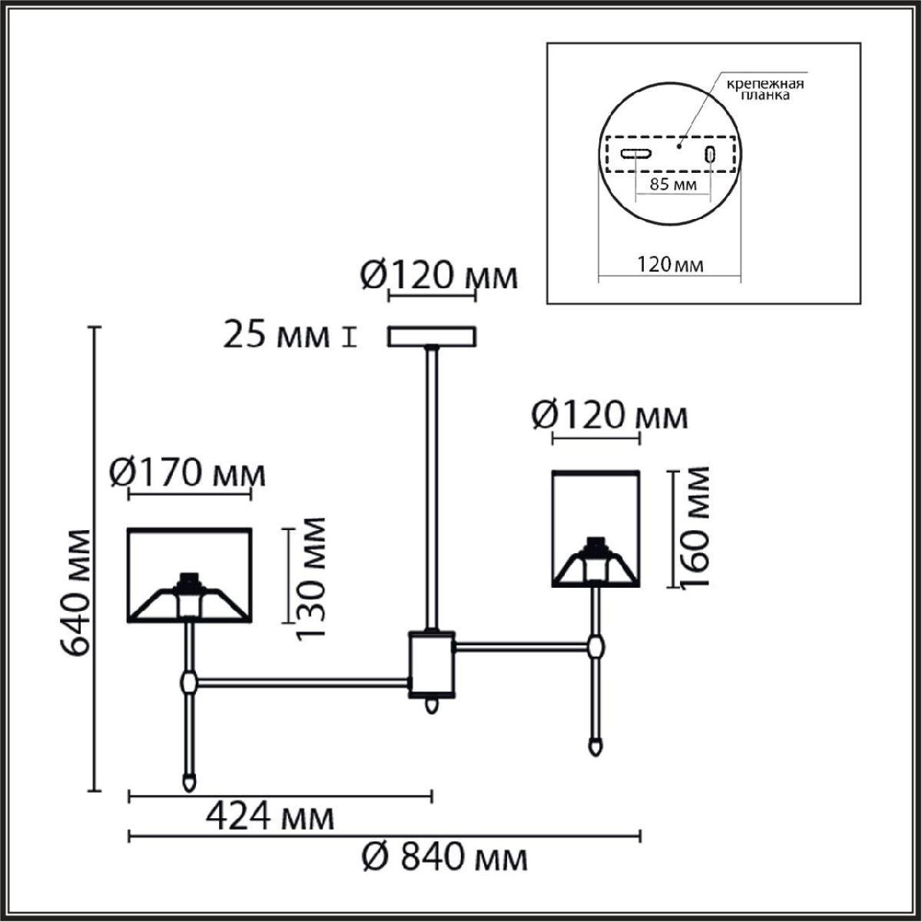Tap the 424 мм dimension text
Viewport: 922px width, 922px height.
[x=270, y=818]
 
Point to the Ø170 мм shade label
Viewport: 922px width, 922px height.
[x=187, y=473]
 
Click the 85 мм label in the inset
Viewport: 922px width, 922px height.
[x=673, y=185]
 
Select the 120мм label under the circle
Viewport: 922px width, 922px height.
[x=668, y=265]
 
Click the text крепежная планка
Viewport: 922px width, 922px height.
[x=761, y=90]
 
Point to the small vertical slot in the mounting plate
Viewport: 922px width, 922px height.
[x=711, y=154]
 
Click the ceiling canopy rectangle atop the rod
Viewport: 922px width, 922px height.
[x=433, y=337]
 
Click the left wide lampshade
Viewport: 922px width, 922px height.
[x=189, y=574]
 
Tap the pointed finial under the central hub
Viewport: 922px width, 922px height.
[x=433, y=705]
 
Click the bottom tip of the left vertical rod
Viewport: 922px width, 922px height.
[x=187, y=782]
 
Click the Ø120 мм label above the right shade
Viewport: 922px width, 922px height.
[x=610, y=416]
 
